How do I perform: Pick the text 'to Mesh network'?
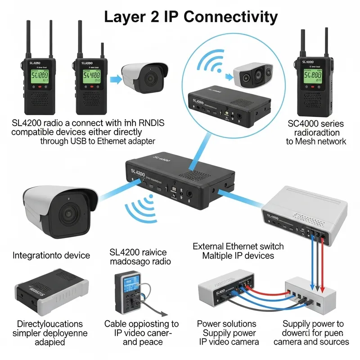coord(316,141)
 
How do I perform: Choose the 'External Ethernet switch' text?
coord(238,246)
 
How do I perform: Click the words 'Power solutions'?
coord(226,324)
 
